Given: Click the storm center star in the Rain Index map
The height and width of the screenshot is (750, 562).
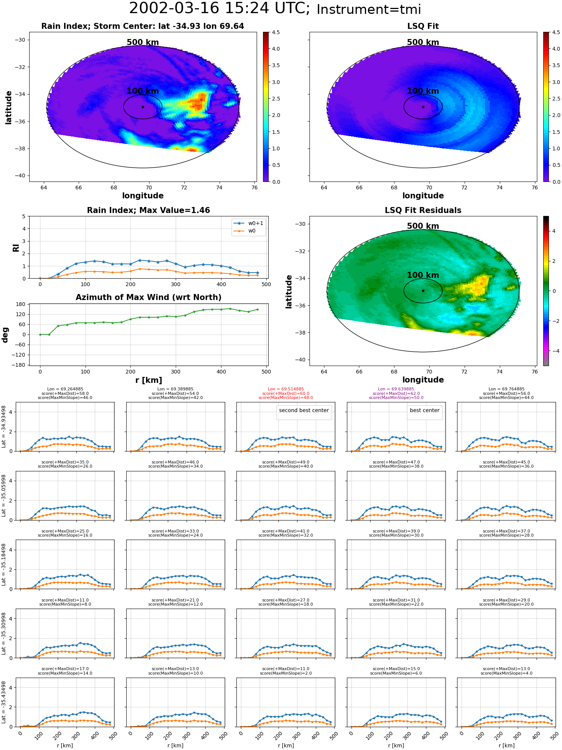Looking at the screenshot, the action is pos(143,107).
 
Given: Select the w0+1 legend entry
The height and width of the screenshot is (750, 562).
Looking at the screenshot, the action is pos(248,223).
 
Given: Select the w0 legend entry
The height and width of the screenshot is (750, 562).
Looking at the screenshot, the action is pos(248,231).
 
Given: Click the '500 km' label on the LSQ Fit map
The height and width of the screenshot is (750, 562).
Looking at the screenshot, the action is pos(423,42).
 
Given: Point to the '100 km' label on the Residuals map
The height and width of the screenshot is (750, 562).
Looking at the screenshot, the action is pos(423,275).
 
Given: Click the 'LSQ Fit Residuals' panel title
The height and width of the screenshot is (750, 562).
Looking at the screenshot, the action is pos(423,210).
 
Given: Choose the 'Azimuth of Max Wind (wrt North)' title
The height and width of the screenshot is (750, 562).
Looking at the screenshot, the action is pos(148,297).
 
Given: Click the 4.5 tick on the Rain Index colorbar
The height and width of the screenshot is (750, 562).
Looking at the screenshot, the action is pos(276,32).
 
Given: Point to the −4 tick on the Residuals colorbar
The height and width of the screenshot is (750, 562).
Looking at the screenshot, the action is pos(554,351).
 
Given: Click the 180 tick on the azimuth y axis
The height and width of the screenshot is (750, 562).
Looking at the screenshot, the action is pos(21,304).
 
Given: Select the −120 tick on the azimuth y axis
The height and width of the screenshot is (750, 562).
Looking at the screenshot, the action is pos(19,355).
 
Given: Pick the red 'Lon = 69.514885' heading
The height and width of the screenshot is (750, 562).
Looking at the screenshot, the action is pos(286,389).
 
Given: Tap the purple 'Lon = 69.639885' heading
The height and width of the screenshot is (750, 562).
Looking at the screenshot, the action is pos(396,389).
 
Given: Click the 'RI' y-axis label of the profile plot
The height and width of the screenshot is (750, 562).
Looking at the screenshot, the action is pos(16,248).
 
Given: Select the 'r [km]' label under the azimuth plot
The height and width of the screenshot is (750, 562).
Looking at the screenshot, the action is pos(149,380).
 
